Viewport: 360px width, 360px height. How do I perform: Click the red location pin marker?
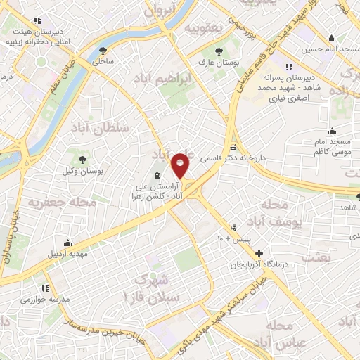coord(181,165)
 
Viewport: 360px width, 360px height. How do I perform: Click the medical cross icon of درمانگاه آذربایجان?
coord(259,252)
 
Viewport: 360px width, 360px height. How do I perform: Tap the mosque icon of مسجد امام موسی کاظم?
coord(332,131)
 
